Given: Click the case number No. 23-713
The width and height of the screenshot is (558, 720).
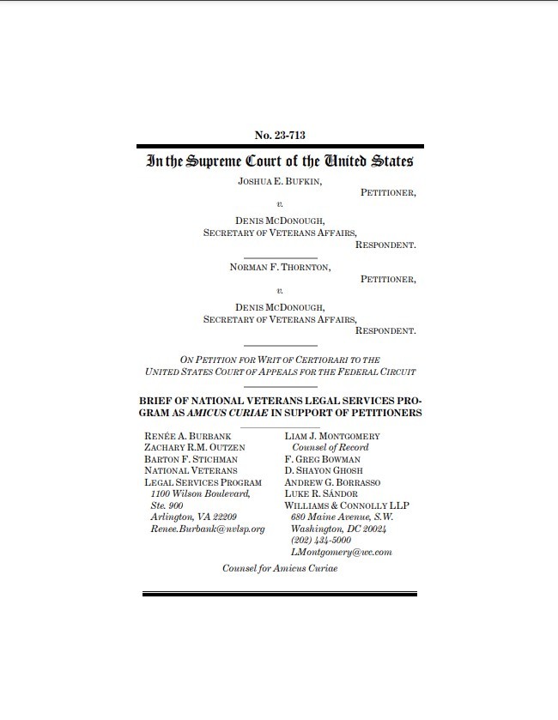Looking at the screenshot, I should click(280, 135).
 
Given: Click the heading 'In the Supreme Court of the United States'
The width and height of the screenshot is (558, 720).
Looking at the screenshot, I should click(280, 160).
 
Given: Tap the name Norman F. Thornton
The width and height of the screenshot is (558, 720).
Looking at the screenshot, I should click(280, 267).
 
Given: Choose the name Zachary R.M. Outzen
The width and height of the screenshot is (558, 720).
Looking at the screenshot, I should click(195, 448).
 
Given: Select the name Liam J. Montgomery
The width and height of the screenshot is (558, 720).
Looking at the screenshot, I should click(331, 436).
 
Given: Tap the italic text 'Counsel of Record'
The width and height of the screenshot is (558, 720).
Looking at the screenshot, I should click(331, 448).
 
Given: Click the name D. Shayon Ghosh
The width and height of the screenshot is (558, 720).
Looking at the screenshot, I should click(324, 471).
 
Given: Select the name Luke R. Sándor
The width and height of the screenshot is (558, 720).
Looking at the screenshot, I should click(321, 494).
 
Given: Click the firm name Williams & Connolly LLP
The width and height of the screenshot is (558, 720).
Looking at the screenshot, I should click(338, 505).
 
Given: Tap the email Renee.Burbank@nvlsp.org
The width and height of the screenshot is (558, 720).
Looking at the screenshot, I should click(207, 529).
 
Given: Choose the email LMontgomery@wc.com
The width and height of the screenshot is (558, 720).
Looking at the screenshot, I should click(342, 552).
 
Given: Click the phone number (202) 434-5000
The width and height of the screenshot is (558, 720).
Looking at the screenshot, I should click(321, 541).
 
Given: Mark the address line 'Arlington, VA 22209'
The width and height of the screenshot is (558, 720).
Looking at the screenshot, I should click(194, 517).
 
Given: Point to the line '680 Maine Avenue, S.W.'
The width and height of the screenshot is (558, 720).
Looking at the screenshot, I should click(341, 517).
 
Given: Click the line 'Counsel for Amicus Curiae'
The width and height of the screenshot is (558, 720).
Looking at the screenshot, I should click(279, 569).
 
